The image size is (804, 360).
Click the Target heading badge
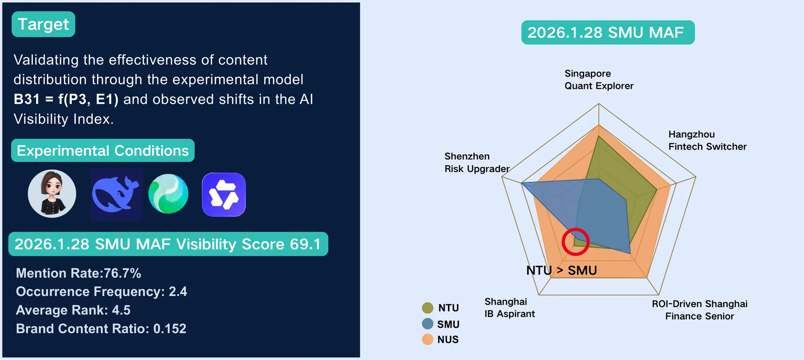(x=43, y=24)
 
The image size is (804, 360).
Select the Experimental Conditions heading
(x=103, y=151)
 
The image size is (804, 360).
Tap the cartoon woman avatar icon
(x=52, y=193)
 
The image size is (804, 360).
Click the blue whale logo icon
(x=116, y=194)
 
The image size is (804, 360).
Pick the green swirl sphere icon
(x=168, y=194)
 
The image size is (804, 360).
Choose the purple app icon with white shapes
(x=224, y=194)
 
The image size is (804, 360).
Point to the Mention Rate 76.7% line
(x=79, y=273)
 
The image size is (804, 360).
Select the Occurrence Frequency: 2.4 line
(x=101, y=292)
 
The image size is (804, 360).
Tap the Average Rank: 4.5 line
(x=73, y=310)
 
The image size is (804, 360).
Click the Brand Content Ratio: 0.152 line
(x=101, y=329)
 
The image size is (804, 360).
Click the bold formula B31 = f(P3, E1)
(x=66, y=99)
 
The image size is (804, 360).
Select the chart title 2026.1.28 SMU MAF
(x=608, y=33)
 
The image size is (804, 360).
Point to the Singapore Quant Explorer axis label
(x=599, y=80)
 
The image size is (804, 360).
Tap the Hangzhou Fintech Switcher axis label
(x=708, y=140)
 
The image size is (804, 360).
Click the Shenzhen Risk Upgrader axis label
(x=477, y=163)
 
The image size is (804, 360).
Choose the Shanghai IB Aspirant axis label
(x=510, y=308)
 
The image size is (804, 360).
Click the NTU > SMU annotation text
(x=561, y=271)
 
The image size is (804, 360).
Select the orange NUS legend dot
(x=427, y=339)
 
